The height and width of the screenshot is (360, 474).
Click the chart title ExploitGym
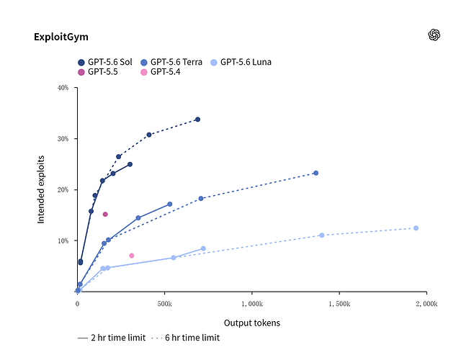(61, 37)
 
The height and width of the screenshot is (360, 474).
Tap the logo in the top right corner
(434, 35)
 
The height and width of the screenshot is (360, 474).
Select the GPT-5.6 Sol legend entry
(105, 62)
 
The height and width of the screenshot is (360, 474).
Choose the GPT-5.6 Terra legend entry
(171, 62)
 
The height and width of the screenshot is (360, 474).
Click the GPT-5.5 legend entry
(98, 72)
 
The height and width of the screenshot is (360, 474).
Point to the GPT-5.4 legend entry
(161, 72)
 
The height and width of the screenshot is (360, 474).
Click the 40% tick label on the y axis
(63, 88)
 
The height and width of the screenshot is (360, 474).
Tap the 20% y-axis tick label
(63, 190)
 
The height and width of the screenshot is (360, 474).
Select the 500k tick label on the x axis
(164, 303)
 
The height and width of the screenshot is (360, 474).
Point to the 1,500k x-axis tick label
(339, 303)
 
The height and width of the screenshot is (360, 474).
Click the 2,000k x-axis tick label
(426, 303)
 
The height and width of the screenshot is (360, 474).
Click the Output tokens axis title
(252, 323)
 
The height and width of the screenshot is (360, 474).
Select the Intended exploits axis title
(41, 189)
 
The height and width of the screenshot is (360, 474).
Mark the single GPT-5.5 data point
(105, 215)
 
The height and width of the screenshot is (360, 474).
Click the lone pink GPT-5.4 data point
(132, 256)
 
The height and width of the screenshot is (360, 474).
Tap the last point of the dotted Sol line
(197, 120)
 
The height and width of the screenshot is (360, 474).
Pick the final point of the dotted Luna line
(416, 228)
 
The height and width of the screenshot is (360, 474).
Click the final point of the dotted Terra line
(316, 173)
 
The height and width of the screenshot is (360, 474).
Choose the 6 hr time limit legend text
(192, 338)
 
